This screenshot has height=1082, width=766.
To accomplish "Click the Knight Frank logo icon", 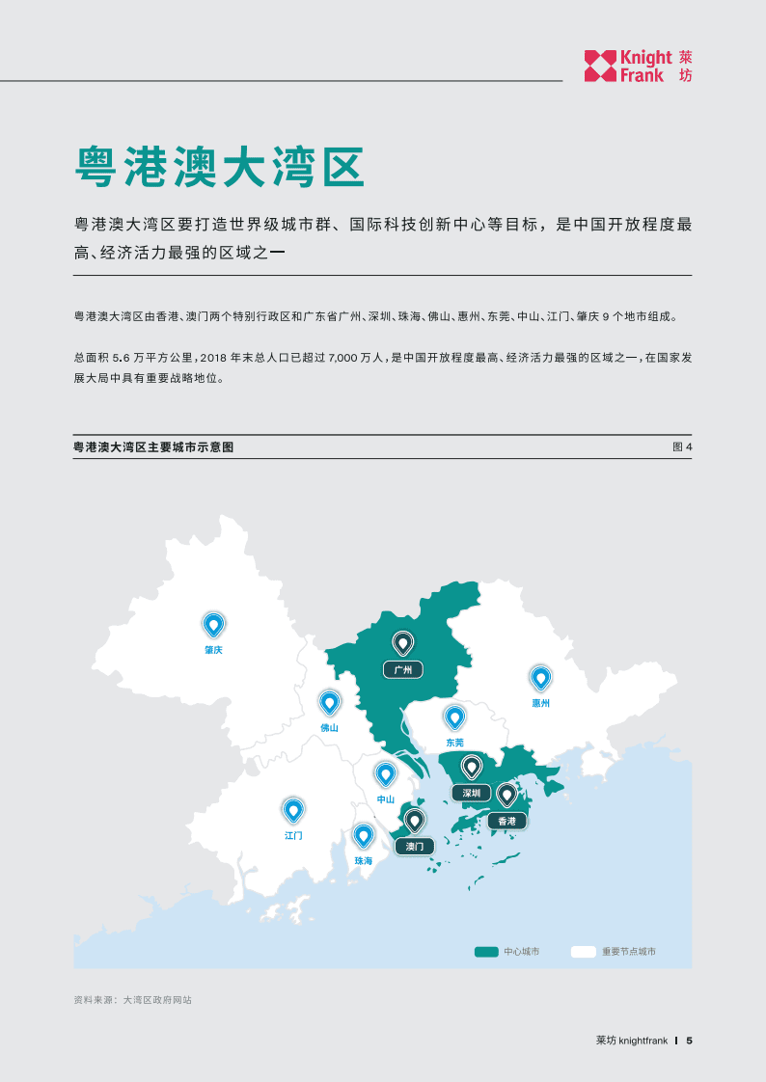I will coord(600,66).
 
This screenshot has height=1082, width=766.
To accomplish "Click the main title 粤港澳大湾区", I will coord(219,167).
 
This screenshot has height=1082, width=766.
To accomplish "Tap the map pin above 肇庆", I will coord(213,625).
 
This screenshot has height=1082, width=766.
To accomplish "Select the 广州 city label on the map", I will coord(402,669).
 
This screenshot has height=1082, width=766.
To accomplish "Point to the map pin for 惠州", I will coord(540,679).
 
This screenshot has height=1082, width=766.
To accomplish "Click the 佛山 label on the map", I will coord(329,728).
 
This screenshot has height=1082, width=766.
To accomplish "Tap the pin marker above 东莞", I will coord(454,717).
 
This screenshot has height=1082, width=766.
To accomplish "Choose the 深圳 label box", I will coord(471,793).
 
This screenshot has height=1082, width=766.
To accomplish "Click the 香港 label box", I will coord(506,821).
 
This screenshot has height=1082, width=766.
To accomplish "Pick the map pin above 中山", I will coord(385,774).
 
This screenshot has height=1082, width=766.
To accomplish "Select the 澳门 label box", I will coord(415,846).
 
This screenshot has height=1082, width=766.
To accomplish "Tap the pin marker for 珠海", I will coord(363,836).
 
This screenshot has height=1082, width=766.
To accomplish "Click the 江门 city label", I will coord(293,835).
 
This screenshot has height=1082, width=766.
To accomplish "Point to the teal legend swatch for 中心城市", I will coord(486,952).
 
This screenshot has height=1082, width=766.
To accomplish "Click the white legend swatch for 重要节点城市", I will coord(583,952).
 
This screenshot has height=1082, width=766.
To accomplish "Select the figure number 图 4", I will coord(682,447).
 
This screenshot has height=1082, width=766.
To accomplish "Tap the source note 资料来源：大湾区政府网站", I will coord(132,1000).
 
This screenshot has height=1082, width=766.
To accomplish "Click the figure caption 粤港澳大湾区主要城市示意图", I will coord(153,447).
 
